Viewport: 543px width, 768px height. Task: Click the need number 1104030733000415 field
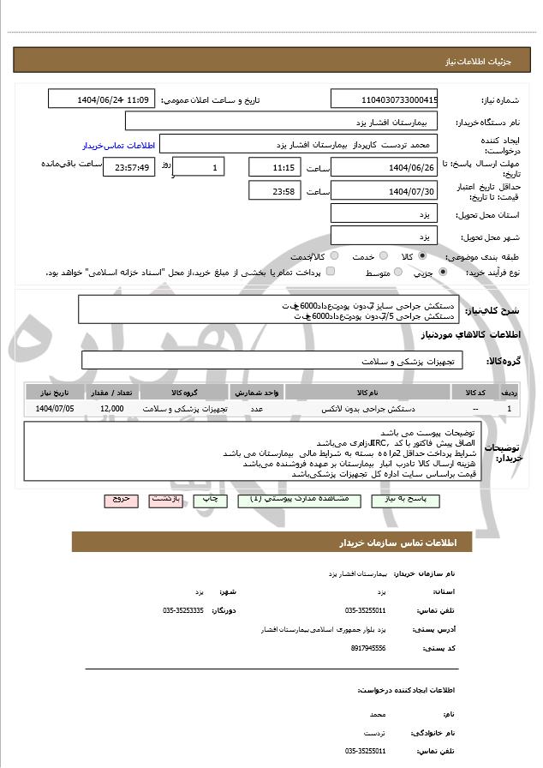(384, 99)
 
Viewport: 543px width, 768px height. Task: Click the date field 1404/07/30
(384, 191)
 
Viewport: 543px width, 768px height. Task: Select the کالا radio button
(421, 256)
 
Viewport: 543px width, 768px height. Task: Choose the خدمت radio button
(383, 256)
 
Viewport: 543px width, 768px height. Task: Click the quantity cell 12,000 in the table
(111, 409)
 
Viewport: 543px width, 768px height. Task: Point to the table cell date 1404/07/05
(55, 409)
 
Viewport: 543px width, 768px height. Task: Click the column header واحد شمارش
(257, 392)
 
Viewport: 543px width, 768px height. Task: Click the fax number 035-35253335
(183, 610)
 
